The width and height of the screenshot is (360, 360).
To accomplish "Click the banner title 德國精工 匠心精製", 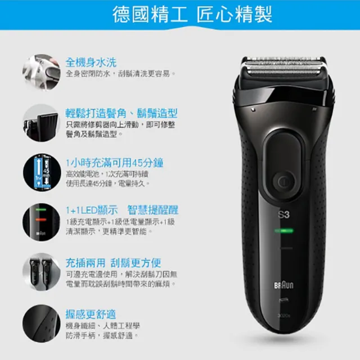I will [x=180, y=14].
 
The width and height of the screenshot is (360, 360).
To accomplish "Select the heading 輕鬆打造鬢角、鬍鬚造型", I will [x=121, y=113].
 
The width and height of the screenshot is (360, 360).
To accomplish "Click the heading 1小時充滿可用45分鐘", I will [x=114, y=163].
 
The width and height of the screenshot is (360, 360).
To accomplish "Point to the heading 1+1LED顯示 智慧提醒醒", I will [x=122, y=210].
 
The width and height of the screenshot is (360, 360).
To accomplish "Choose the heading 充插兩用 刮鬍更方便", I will [x=113, y=263].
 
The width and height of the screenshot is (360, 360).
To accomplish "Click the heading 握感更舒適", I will [x=91, y=314].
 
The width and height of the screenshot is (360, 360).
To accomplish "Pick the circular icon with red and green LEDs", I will [x=40, y=221].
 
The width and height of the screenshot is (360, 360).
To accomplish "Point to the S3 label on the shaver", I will [x=283, y=214].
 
